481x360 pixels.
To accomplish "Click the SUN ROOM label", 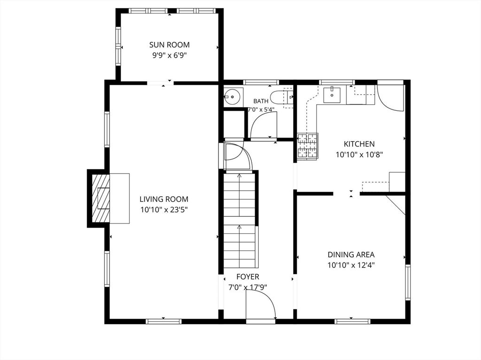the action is tap(169, 45).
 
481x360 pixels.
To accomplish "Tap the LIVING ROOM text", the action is tap(164, 199).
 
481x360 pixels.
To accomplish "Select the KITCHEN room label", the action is tap(359, 144).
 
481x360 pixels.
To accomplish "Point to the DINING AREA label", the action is tap(351, 254).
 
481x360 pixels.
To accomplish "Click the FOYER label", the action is tap(248, 277).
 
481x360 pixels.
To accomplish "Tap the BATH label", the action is tap(261, 101).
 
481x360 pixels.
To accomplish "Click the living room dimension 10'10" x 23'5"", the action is tap(164, 210).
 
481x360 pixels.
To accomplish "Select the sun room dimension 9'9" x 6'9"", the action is tap(169, 55).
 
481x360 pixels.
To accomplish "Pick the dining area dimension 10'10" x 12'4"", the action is tap(351, 265).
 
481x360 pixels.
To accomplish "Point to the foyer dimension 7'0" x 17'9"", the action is tap(248, 288).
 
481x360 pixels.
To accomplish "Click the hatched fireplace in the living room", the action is tap(101, 199).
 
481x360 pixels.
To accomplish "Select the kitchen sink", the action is tap(333, 95).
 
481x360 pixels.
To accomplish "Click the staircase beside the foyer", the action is tap(239, 220).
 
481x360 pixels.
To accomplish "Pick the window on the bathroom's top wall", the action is tap(261, 82).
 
